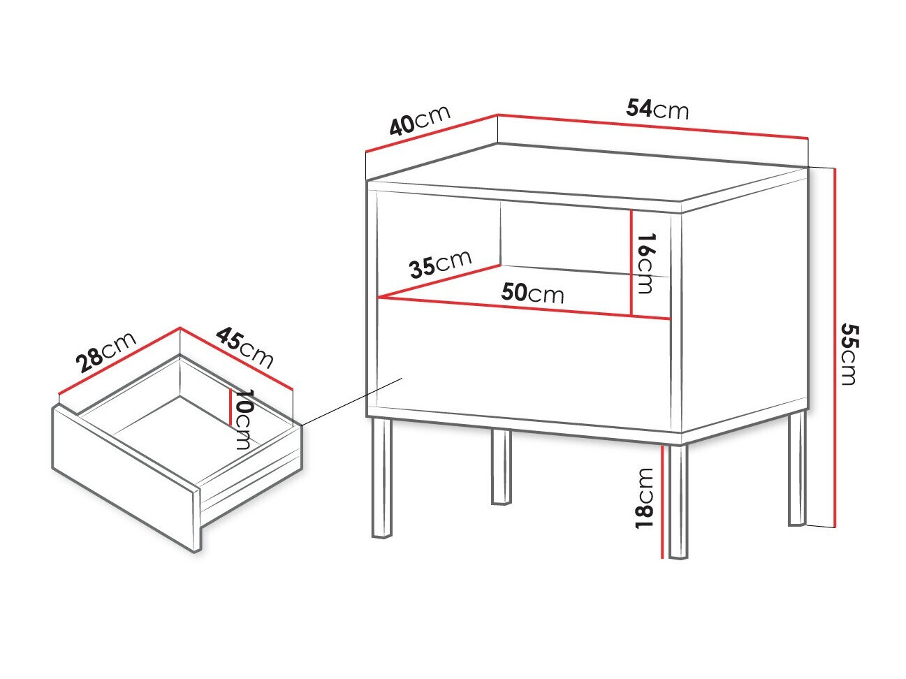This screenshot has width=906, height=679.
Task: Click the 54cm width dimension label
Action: click(657, 110)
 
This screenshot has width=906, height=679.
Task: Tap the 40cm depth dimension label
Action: click(420, 120)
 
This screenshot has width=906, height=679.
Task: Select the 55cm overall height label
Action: click(849, 354)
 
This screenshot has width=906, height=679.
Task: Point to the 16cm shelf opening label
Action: click(645, 263)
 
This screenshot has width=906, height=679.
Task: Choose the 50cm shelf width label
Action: click(532, 293)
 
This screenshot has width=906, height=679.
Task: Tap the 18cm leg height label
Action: click(644, 498)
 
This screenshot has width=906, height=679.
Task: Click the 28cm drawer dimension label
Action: click(106, 351)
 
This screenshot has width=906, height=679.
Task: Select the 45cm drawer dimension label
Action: click(244, 348)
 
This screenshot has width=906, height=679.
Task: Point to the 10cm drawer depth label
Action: click(242, 419)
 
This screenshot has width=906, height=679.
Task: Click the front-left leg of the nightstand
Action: click(382, 478)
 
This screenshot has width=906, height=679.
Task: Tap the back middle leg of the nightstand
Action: click(501, 467)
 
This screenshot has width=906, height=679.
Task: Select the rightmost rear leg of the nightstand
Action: click(797, 469)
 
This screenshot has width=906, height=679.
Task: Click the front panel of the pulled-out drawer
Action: click(126, 479)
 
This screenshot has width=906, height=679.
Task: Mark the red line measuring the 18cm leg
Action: click(662, 502)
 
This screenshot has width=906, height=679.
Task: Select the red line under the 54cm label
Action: click(652, 126)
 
